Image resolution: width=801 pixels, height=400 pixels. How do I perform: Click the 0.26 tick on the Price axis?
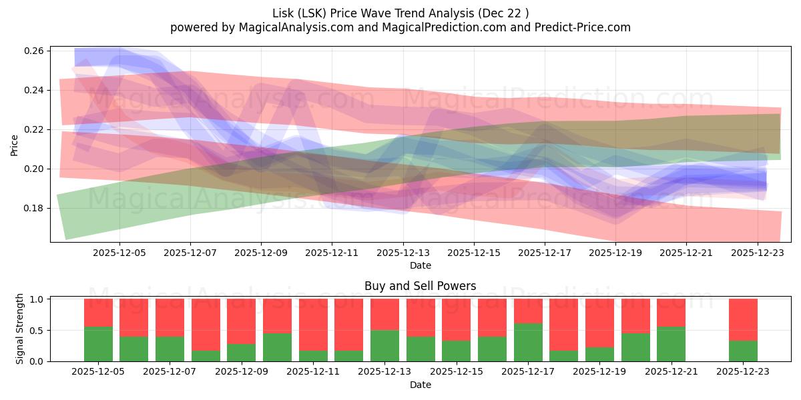point(35,51)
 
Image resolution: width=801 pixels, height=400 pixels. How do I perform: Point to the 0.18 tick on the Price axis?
point(35,208)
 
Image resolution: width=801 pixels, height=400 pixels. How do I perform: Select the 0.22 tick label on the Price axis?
point(35,129)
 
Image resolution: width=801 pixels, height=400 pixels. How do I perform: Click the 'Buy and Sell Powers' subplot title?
point(420,286)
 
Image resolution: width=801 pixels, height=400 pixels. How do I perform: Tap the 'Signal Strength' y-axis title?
point(20,329)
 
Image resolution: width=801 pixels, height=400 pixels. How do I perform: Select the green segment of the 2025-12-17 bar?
point(528,342)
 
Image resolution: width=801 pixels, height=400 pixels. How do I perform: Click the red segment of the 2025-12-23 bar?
point(743,319)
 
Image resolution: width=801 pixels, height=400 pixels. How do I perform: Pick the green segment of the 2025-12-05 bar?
point(98,344)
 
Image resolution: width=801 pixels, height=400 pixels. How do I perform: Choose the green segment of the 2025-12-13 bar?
point(384,345)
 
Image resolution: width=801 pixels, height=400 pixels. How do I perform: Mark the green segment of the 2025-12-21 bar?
point(671,344)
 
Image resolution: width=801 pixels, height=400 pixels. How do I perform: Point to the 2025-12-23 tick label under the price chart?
point(758,253)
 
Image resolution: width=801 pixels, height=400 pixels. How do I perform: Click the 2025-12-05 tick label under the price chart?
point(119,253)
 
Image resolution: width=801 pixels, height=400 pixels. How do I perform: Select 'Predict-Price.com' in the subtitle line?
point(585,27)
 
